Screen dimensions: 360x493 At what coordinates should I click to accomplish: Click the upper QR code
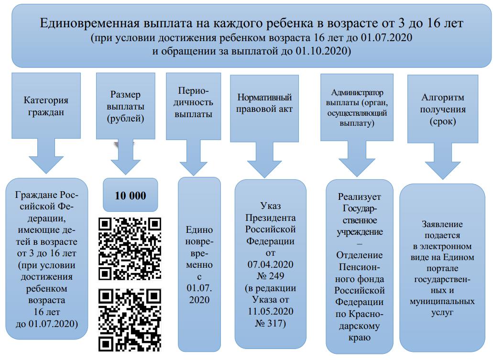tap(130, 249)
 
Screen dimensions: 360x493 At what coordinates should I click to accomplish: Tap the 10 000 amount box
tap(130, 196)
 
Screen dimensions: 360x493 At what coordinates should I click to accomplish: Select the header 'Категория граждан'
tap(46, 106)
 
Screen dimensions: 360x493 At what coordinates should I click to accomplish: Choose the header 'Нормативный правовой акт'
tap(265, 103)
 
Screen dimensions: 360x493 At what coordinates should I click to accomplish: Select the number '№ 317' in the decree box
tap(271, 325)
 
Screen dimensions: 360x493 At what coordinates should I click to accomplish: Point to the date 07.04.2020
tap(271, 264)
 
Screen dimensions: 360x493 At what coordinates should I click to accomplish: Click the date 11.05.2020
tap(271, 312)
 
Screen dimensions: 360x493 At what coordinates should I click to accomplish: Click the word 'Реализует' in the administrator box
tap(360, 197)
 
